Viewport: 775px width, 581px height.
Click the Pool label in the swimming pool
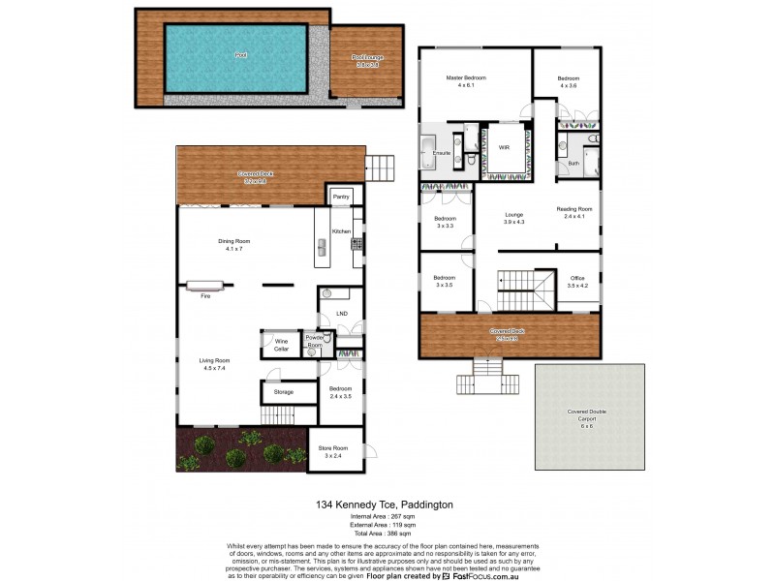coord(239,56)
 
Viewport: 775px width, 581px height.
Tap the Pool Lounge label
coord(367,58)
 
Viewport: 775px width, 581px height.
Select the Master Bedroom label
coord(465,77)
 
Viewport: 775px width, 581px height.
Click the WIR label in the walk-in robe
coord(504,147)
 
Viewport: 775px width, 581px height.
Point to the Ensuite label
coord(441,153)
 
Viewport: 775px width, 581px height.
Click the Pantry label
coord(340,197)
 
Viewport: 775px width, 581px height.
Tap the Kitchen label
coord(340,232)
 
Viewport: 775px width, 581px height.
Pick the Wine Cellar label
coord(281,344)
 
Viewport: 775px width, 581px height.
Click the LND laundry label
coord(341,314)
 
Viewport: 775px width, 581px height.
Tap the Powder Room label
coord(315,342)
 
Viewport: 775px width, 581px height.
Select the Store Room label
coord(332,452)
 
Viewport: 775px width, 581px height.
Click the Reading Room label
coord(573,212)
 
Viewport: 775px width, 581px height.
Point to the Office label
coord(576,281)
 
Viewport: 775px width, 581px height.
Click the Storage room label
coord(283,392)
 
